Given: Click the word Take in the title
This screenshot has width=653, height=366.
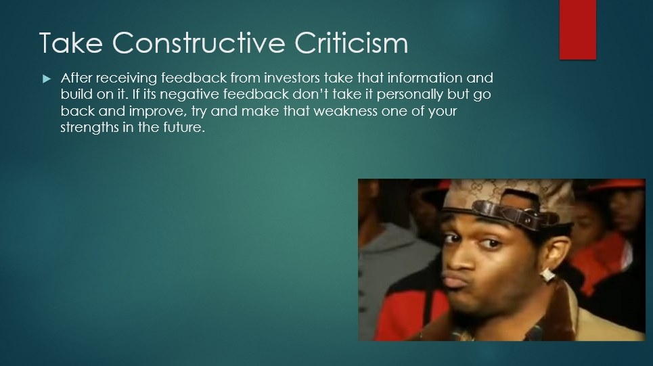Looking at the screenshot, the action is pos(71,43).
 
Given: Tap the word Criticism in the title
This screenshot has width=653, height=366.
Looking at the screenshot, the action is pos(351,43).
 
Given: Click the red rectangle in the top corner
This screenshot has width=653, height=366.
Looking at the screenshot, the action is pos(578,30).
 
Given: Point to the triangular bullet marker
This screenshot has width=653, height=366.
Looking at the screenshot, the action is pos(47,78).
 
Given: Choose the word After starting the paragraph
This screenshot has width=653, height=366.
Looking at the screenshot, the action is pos(76,78).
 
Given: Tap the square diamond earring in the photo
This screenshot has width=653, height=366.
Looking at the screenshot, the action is pos(547,275).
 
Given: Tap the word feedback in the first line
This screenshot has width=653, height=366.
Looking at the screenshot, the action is pos(194,78).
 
